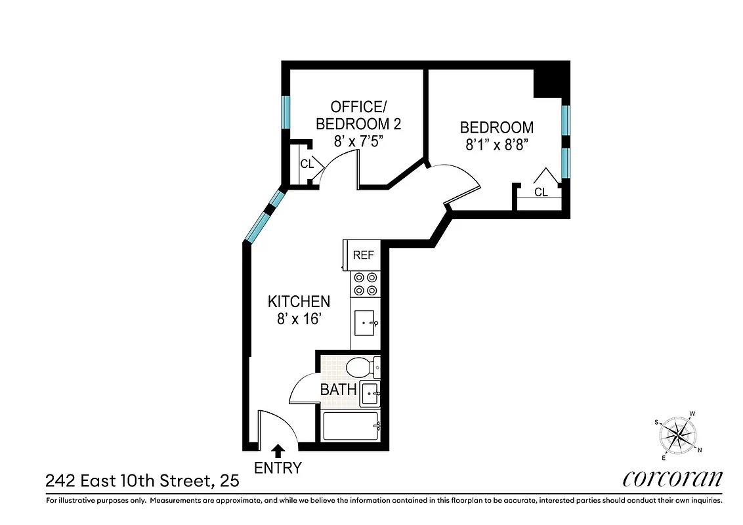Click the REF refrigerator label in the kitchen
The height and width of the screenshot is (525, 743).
point(363,255)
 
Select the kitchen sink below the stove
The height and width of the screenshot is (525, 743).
point(365,323)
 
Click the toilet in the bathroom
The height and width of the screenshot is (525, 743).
point(362,366)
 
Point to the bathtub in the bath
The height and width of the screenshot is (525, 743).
point(351,426)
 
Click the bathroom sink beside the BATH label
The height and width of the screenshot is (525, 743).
point(369,394)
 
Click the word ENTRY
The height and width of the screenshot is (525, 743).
point(278,468)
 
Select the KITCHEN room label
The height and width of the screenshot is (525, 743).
point(299,302)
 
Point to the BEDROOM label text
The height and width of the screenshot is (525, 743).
point(496,127)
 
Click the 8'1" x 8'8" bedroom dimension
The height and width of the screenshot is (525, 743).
point(496,146)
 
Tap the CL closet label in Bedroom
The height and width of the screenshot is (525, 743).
point(541,192)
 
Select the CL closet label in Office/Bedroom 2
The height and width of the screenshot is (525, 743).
point(307,164)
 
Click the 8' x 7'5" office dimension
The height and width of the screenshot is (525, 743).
point(358,141)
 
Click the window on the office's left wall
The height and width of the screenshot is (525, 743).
point(286,112)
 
